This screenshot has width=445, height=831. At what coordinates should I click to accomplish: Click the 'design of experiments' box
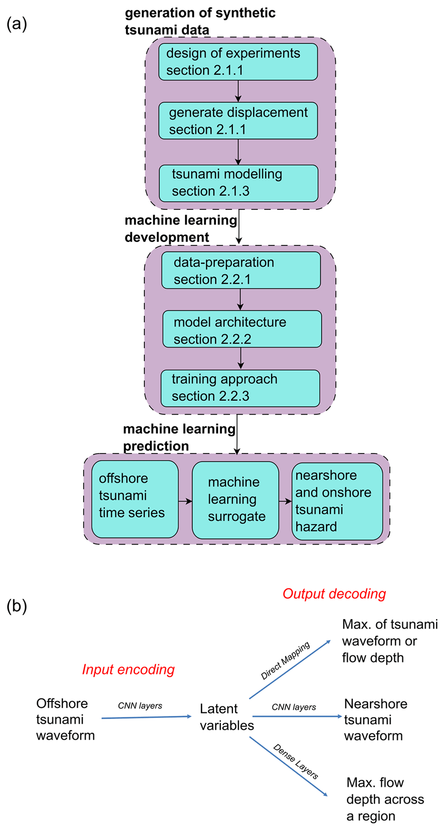coord(238,62)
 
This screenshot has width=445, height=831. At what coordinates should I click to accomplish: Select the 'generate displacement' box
coord(238,121)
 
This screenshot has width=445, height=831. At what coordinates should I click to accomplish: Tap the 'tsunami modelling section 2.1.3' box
coord(239,183)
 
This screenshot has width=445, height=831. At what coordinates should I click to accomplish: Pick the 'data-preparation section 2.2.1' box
coord(241,271)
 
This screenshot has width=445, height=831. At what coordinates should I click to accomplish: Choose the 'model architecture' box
coord(242,330)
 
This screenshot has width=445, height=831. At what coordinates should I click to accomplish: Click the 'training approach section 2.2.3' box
coord(240,388)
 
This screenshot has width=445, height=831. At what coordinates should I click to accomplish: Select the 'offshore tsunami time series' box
coord(135,499)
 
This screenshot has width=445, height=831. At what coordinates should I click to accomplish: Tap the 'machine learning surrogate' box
coord(235,500)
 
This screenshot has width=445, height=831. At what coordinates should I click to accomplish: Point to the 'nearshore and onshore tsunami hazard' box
coord(337,501)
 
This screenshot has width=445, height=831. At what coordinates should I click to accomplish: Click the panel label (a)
coord(17,24)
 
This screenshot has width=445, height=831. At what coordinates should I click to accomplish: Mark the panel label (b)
coord(17,606)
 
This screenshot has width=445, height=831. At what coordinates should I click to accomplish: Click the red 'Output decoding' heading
coord(334,594)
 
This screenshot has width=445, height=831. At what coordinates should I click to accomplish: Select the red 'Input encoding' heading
coord(128,670)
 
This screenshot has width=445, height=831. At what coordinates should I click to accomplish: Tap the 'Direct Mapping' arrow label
coord(285,661)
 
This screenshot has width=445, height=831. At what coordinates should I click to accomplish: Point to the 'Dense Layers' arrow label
coord(296,762)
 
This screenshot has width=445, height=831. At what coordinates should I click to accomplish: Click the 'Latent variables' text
coord(227,717)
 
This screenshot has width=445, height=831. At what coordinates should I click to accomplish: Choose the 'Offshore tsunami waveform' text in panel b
coord(65,720)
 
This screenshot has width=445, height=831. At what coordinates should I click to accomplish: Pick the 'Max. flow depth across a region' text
coord(385,800)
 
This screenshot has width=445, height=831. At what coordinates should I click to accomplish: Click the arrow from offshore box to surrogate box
coord(185,501)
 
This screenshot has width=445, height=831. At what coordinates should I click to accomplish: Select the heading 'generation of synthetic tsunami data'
coord(200,21)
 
